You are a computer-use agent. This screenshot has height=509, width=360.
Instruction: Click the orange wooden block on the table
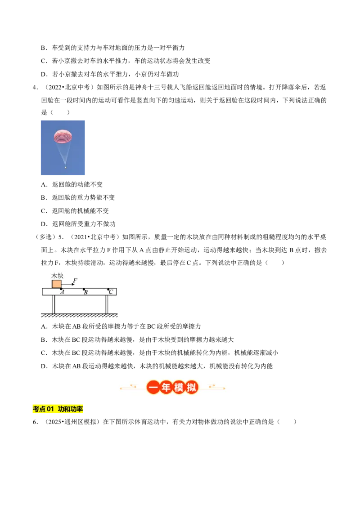coord(57,284)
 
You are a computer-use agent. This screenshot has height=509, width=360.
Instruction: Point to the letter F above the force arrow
coord(75,281)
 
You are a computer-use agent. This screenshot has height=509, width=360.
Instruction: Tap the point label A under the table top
coord(63,292)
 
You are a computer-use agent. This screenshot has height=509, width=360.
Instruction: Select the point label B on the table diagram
coord(86,292)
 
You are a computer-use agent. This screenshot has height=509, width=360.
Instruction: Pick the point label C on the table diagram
coord(111,292)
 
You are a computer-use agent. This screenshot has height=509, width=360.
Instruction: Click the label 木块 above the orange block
coord(57,276)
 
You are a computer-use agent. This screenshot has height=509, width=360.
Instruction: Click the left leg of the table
coord(54,304)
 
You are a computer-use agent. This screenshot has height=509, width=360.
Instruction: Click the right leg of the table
coord(107,304)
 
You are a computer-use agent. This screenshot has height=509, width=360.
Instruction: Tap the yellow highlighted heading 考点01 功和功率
coord(58,409)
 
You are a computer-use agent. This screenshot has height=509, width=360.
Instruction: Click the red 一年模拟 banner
coord(172,387)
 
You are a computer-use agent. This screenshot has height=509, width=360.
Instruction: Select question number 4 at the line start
coord(35,87)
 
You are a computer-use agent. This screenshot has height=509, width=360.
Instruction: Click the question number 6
coord(35,422)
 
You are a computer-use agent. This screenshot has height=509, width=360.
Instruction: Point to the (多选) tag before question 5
coord(45,237)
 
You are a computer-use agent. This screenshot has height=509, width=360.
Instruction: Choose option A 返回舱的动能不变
coord(72,184)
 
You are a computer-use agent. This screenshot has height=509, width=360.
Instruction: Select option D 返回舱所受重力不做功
coord(78,223)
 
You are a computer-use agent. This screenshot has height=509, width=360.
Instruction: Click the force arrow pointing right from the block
coord(68,284)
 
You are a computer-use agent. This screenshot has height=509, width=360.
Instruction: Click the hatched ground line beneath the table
coord(79,315)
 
